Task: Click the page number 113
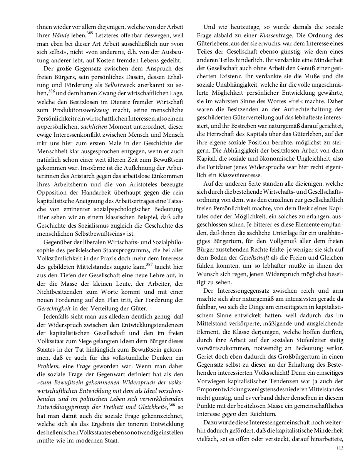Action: pos(339,448)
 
